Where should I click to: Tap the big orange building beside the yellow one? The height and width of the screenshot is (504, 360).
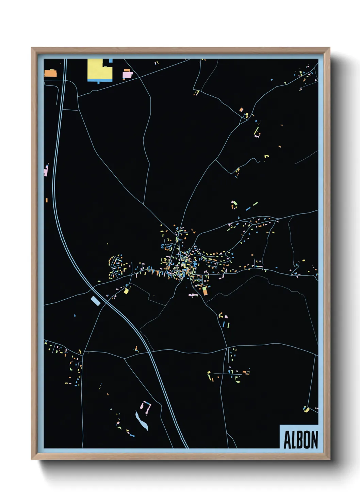(50, 73)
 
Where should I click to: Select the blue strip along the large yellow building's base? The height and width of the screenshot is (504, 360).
(100, 80)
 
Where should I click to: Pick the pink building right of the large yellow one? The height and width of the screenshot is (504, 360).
(127, 74)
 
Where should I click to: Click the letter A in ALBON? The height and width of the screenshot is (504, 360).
(287, 440)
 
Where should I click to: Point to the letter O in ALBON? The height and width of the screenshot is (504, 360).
(306, 440)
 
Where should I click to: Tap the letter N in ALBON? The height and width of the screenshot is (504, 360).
(314, 440)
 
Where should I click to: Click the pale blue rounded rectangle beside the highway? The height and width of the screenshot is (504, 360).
(96, 301)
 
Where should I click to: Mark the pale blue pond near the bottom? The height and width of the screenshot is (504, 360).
(142, 421)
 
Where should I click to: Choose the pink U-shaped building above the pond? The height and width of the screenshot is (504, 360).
(146, 407)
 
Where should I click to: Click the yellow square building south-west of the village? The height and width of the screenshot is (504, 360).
(126, 291)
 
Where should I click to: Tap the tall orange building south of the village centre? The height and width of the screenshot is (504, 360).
(205, 291)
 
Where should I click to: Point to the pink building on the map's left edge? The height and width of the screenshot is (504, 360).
(46, 170)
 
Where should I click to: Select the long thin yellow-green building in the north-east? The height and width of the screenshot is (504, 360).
(257, 131)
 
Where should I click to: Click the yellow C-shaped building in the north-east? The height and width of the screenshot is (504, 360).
(267, 157)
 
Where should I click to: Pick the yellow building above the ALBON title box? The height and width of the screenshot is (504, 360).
(306, 409)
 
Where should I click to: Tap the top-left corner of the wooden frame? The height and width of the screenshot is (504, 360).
(32, 48)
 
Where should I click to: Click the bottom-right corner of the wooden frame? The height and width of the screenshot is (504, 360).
(329, 459)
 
